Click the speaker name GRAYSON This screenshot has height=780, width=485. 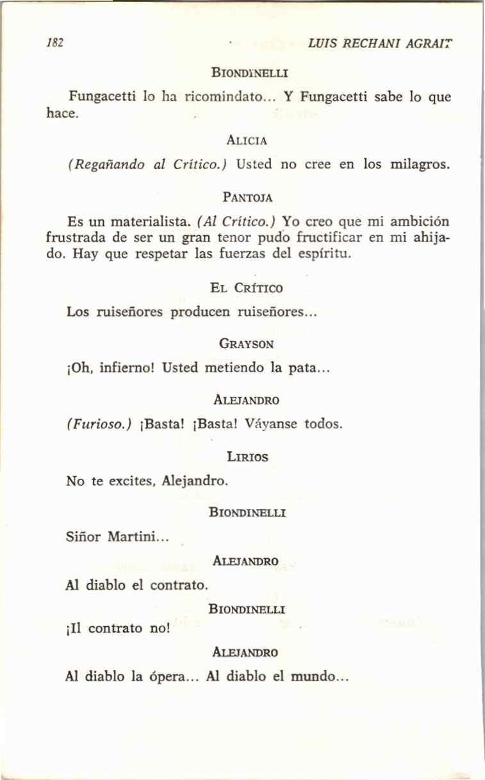pos(247,344)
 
